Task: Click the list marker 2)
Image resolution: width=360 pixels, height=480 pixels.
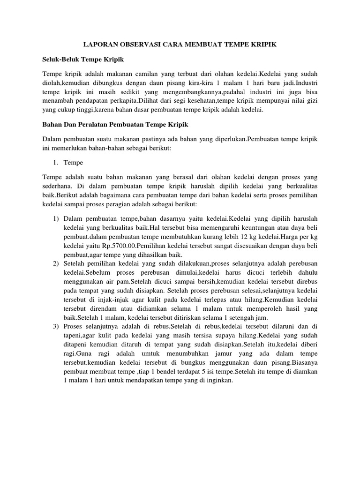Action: click(x=56, y=262)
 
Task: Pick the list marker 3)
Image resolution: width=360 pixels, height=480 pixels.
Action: click(x=56, y=326)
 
